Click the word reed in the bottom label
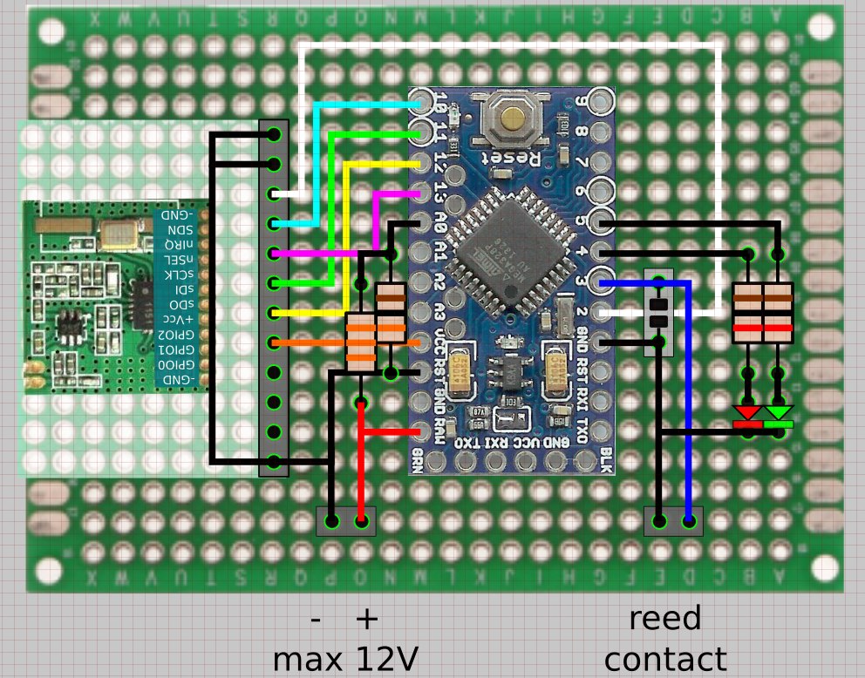coord(664,618)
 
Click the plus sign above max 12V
coord(367,618)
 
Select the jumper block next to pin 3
coord(659,314)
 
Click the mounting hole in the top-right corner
coord(820,27)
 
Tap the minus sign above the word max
coord(317,620)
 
